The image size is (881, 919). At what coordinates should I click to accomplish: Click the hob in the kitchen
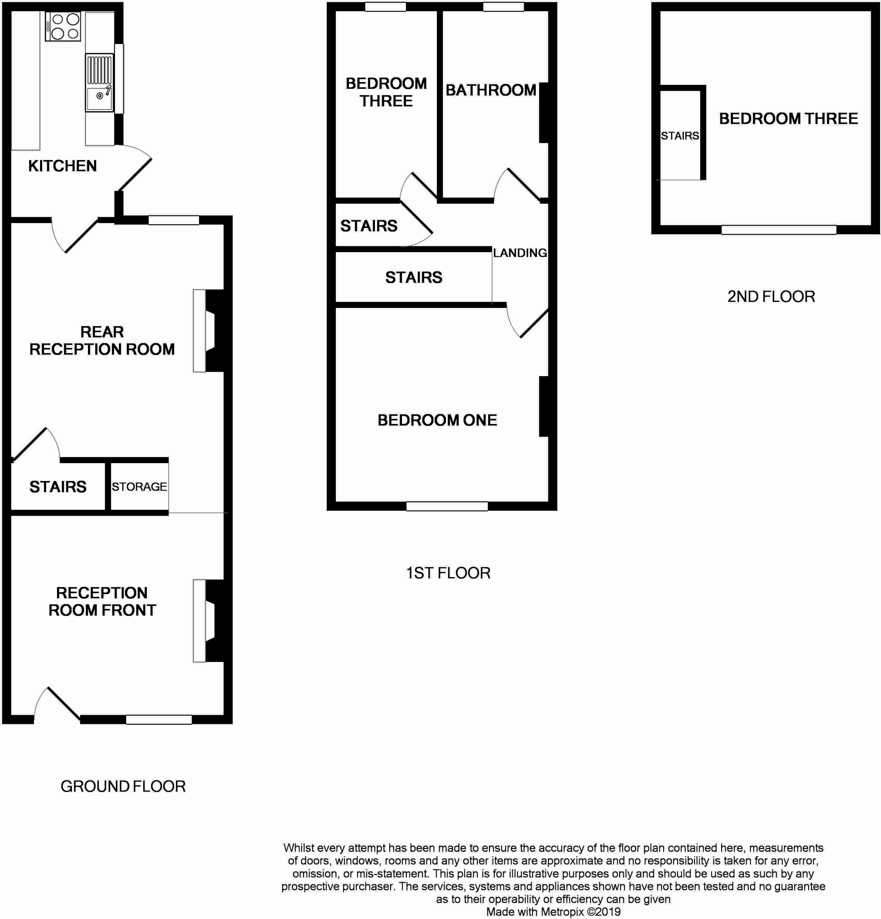(63, 27)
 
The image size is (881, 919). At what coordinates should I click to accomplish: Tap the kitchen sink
(99, 83)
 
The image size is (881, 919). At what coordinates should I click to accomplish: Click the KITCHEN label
(62, 166)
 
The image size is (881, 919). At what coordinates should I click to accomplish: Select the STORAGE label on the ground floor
(139, 487)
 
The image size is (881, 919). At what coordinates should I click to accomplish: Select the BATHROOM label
(491, 90)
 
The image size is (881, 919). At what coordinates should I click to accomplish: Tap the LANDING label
(520, 253)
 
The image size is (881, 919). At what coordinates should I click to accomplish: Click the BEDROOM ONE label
(437, 420)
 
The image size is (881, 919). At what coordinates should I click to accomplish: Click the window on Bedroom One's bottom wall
(447, 506)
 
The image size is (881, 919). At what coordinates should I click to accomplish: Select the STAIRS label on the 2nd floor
(680, 136)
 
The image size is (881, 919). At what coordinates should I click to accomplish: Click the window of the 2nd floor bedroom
(778, 230)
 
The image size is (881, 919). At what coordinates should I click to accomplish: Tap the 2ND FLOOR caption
(771, 297)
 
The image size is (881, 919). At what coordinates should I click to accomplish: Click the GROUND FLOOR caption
(123, 786)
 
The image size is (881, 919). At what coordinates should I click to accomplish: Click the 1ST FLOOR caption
(448, 573)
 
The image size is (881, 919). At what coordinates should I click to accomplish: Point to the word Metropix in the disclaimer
(562, 912)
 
